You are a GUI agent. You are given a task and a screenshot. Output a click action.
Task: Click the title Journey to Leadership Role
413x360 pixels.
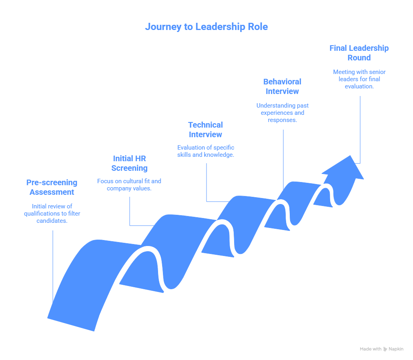206,27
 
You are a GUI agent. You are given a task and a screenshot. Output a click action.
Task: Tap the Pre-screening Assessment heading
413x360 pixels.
52,187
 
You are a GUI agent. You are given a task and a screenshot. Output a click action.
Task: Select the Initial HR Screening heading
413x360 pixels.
129,163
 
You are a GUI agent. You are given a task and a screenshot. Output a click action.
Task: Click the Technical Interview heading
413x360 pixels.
205,130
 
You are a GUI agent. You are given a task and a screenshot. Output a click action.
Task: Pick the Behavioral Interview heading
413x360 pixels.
282,86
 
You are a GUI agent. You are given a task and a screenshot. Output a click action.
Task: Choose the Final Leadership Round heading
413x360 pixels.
359,53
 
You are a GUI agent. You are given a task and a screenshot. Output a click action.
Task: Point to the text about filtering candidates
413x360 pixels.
52,214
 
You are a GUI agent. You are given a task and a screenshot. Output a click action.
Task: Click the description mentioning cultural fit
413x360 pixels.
129,185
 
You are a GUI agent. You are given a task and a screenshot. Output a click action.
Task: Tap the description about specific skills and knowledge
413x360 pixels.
205,151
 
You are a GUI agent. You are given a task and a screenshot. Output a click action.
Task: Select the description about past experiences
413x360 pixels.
282,113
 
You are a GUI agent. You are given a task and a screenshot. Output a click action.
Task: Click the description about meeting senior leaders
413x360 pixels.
359,79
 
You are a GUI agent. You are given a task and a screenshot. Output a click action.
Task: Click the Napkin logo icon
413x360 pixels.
385,349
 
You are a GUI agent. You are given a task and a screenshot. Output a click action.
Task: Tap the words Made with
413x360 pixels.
370,349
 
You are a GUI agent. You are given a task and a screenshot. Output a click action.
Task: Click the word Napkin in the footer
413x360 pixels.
396,349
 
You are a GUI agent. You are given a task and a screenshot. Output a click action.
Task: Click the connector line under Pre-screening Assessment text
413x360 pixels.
52,264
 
